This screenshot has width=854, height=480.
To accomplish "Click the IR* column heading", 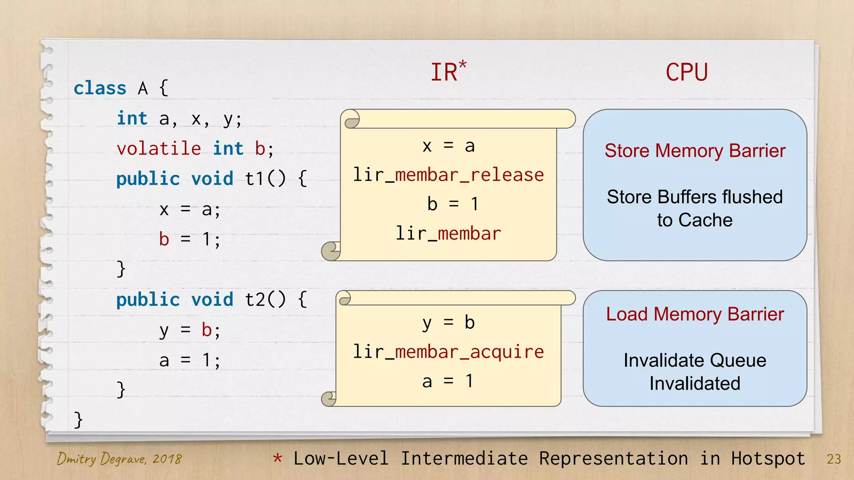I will pos(448,72).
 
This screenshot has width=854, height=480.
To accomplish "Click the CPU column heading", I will pos(686,72).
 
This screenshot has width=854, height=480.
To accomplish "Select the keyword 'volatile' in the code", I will pos(159,149).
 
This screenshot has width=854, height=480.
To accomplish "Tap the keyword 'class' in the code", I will pos(100,88).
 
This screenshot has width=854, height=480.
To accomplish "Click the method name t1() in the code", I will pos(265,179).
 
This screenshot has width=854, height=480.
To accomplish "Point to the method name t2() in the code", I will pos(265,300).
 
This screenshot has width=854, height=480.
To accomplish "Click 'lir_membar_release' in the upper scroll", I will pos(448,175).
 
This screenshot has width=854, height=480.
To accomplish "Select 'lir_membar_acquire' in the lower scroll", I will pos(448,352).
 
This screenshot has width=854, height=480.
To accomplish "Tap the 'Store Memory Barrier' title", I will pos(695,151).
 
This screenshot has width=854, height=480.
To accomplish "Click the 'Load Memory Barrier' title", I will pos(695,314).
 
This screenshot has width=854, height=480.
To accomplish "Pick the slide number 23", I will pos(834,459).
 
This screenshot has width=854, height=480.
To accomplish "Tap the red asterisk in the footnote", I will pos(277,458).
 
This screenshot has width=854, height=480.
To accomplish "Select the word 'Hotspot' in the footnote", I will pos(768,459).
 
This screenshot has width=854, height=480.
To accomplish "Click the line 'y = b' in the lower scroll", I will pos(448,323).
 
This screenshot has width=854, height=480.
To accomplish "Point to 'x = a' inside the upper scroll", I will pos(448,146).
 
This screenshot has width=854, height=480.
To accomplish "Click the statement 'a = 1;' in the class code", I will pos(190,360).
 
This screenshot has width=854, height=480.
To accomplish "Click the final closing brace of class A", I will pos(78,420).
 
